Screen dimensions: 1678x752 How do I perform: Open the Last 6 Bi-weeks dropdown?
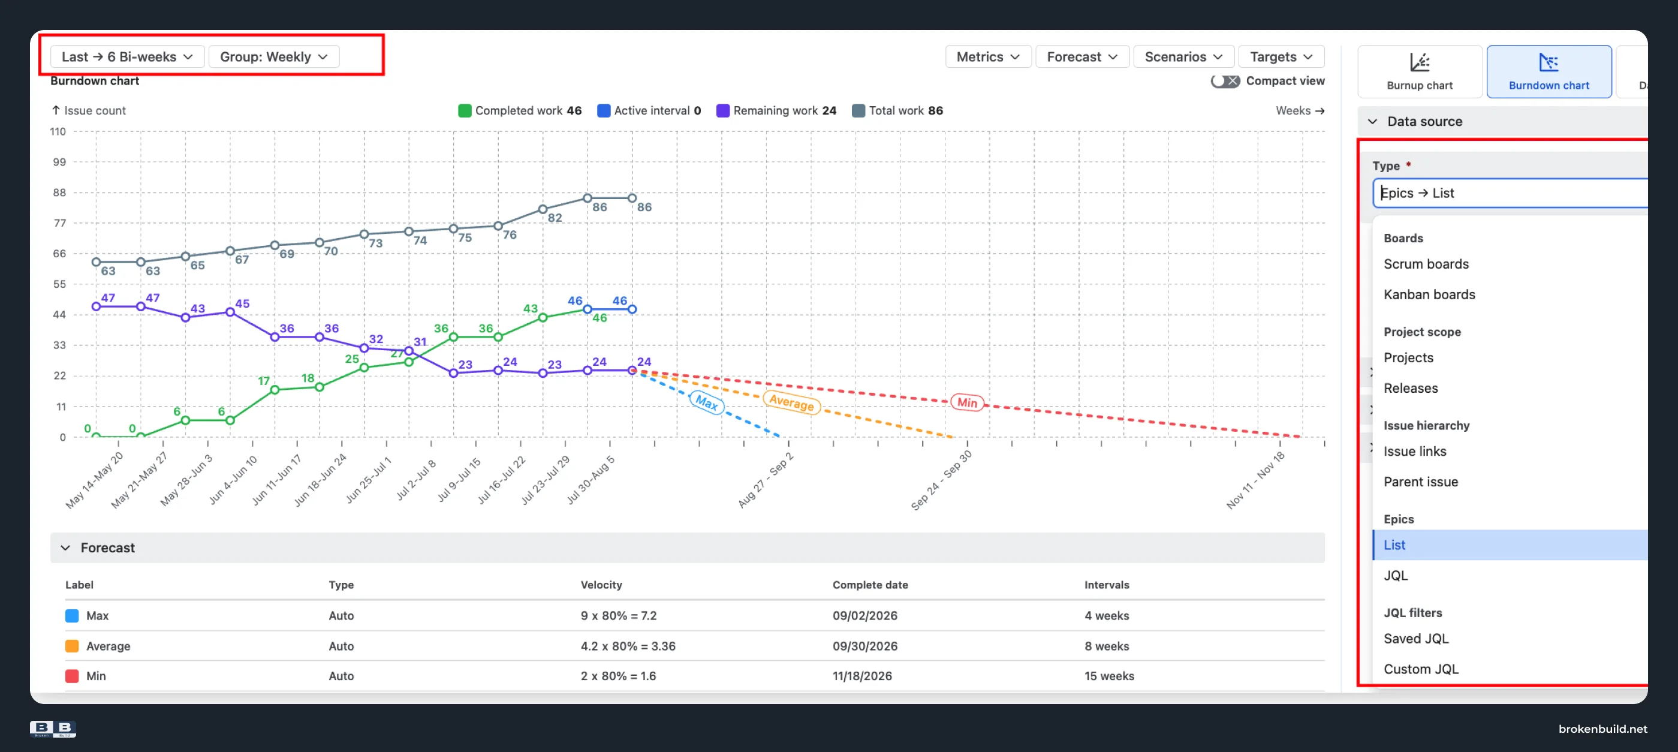tap(128, 57)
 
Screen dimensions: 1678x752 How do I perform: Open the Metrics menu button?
tap(987, 57)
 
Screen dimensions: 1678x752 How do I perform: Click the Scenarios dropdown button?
tap(1183, 57)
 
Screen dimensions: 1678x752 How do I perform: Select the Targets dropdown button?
tap(1281, 57)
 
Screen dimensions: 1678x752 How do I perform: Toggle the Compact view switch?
tap(1225, 81)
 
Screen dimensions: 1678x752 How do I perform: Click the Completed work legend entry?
tap(520, 111)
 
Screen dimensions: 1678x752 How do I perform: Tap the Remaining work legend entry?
tap(776, 111)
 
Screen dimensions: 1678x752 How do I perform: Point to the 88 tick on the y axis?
tap(59, 192)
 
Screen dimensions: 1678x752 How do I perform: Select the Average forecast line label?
tap(791, 402)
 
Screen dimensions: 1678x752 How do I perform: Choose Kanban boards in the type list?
tap(1429, 294)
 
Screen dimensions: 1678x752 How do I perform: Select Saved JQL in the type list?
tap(1416, 639)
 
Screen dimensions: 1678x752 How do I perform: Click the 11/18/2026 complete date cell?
tap(862, 676)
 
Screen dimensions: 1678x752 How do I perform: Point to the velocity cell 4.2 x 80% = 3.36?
tap(628, 646)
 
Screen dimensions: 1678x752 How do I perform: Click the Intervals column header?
tap(1107, 585)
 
